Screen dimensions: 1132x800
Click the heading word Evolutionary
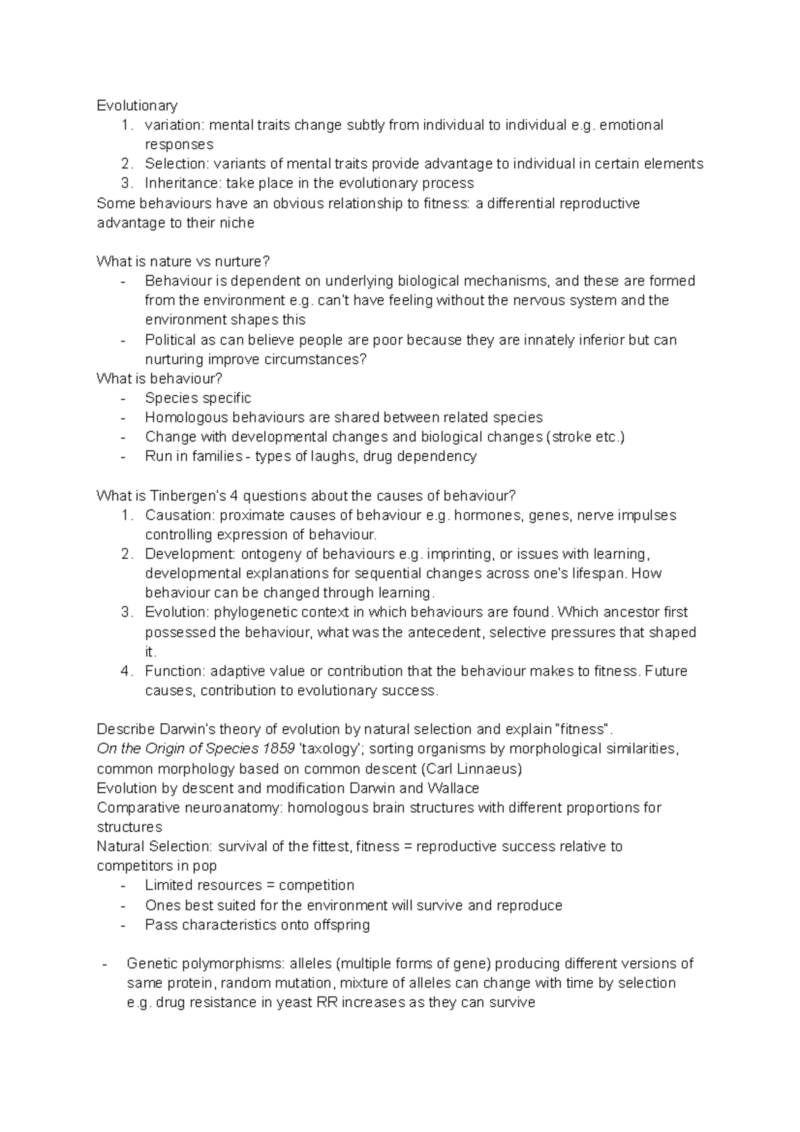pos(137,105)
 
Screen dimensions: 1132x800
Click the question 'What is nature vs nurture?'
pos(183,261)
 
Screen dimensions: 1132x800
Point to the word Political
pos(170,340)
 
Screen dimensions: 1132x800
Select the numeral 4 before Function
pos(125,671)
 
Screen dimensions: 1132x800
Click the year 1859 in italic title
pos(280,749)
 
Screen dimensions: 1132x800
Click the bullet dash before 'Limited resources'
pos(123,886)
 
